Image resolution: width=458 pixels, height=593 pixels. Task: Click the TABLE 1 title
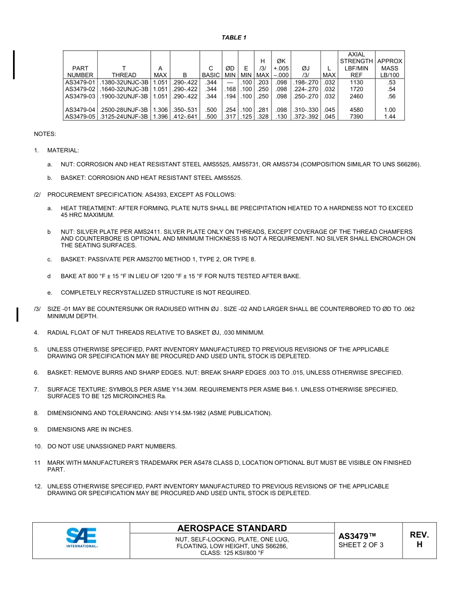[234, 38]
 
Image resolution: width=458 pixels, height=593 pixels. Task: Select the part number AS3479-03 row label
[80, 96]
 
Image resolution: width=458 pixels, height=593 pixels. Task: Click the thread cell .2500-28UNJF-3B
[124, 110]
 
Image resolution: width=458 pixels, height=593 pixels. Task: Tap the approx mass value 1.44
[390, 117]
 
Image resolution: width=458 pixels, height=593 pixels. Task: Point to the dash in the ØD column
[230, 82]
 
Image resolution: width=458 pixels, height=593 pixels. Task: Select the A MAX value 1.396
[160, 117]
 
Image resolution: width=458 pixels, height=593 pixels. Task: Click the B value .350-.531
[185, 110]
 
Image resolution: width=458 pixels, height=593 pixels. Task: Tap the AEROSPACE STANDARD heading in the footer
[232, 528]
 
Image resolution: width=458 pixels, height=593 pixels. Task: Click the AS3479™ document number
[357, 536]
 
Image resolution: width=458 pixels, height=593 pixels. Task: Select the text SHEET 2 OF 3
[361, 545]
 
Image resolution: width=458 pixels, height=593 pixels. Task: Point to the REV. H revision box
[419, 539]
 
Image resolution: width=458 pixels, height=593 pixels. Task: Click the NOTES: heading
[45, 134]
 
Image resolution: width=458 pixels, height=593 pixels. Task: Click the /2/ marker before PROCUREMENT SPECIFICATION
[37, 195]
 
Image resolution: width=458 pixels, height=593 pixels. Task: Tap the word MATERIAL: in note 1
[63, 151]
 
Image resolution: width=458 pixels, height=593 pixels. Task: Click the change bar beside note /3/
[18, 314]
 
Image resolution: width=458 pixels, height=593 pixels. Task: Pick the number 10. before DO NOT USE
[38, 446]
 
